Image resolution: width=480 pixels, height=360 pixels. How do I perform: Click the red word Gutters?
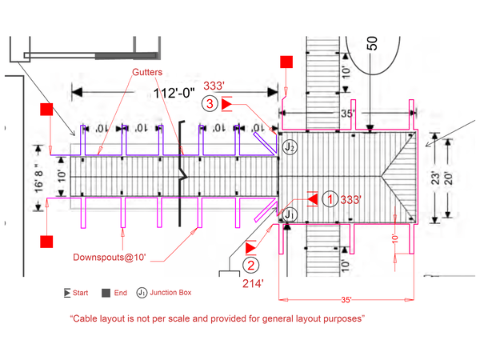click(148, 72)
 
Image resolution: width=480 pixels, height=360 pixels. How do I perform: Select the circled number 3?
click(210, 103)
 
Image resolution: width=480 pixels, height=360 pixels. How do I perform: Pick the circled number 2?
click(251, 266)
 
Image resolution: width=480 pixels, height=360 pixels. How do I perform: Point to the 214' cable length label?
click(252, 282)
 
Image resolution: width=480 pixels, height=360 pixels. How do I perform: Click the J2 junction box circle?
click(290, 147)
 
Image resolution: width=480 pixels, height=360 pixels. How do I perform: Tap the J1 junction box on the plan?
click(290, 214)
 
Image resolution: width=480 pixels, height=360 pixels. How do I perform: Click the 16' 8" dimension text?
click(38, 178)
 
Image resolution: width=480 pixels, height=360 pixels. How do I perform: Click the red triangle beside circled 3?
click(227, 103)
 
